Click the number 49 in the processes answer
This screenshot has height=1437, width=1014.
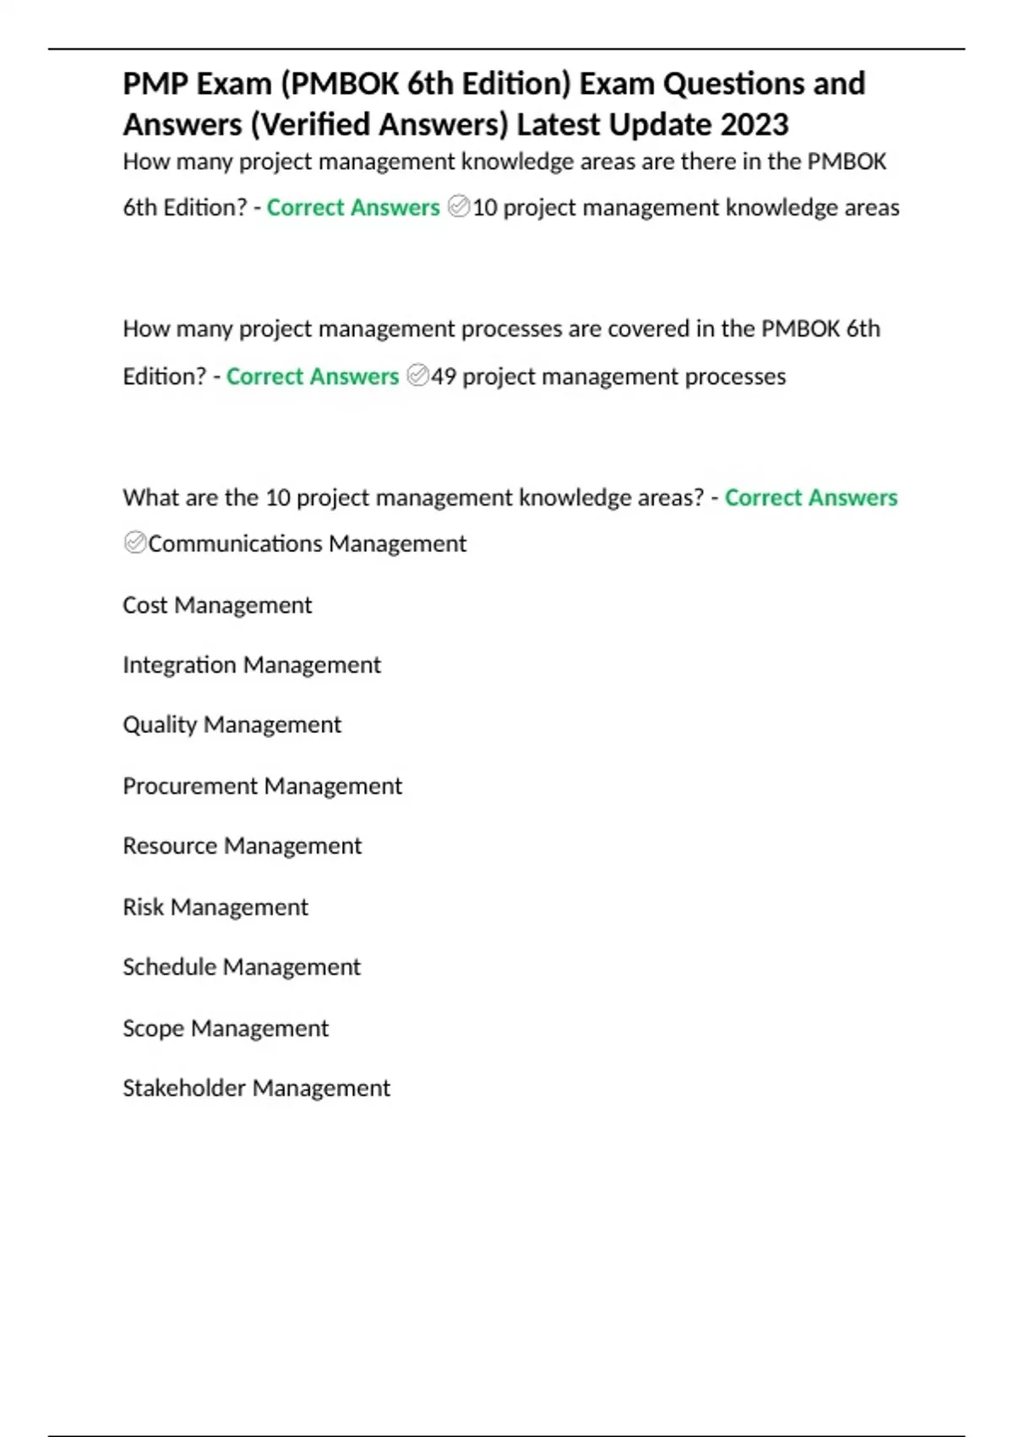pyautogui.click(x=444, y=376)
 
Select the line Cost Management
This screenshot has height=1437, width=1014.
pyautogui.click(x=217, y=605)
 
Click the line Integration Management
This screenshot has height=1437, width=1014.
pyautogui.click(x=252, y=665)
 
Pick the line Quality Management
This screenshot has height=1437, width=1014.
pyautogui.click(x=232, y=725)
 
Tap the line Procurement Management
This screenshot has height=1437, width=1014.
pyautogui.click(x=262, y=786)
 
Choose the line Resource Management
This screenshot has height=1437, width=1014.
pyautogui.click(x=242, y=846)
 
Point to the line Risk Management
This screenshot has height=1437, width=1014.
pyautogui.click(x=215, y=907)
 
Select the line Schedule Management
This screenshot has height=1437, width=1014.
pyautogui.click(x=242, y=967)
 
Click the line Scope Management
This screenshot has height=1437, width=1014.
pyautogui.click(x=226, y=1029)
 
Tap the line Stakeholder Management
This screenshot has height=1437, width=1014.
pyautogui.click(x=256, y=1088)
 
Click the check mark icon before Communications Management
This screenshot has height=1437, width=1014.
pyautogui.click(x=134, y=543)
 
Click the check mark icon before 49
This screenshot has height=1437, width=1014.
pyautogui.click(x=417, y=375)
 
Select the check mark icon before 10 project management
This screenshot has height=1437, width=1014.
pyautogui.click(x=458, y=206)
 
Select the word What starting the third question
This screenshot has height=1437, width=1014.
pyautogui.click(x=150, y=498)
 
